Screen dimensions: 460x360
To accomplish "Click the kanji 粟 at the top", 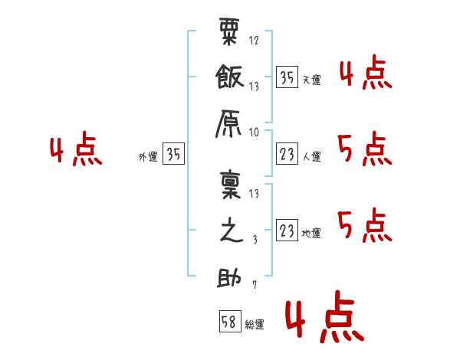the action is coord(229,31).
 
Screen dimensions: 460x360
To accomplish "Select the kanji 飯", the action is coord(230,77).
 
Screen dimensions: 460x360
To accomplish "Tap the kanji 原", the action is coord(228,124).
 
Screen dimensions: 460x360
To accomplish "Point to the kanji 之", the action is coord(232,230).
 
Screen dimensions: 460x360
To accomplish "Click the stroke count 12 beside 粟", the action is coord(254,40).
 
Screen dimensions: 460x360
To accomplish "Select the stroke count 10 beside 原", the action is coord(254,133).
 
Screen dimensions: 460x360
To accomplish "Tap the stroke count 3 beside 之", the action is coord(255,240).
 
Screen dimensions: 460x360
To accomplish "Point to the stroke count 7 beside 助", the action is coord(255,285).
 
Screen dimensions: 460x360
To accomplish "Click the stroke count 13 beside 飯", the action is coord(254,87).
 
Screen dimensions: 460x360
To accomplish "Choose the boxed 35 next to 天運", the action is coord(287,77).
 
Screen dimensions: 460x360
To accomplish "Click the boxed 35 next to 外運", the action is coord(174,153).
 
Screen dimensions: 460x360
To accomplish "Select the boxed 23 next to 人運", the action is coord(287,154).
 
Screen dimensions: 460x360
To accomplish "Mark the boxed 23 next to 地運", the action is coord(287,230).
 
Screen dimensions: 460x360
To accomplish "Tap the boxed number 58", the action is coord(230,321).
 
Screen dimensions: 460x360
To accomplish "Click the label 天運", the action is coord(312,80).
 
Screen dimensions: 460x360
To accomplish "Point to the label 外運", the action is coord(148,156).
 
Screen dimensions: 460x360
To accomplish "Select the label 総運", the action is coord(255,325).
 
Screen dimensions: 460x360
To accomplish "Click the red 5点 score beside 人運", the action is coord(365,149).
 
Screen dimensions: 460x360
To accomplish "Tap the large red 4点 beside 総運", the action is coord(325,316).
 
